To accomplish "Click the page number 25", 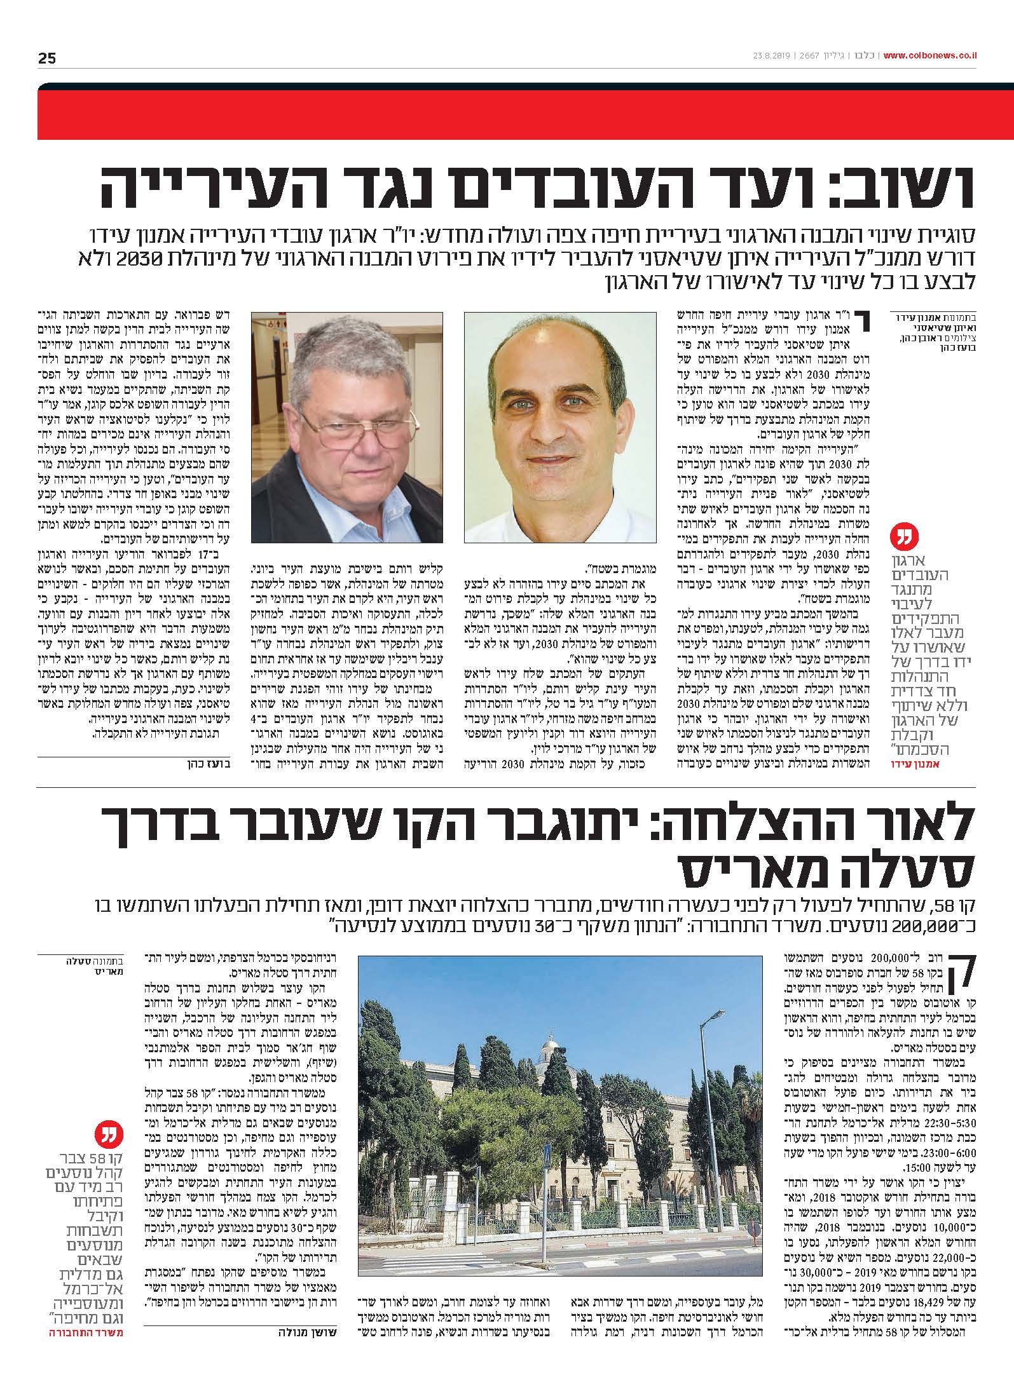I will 47,58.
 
